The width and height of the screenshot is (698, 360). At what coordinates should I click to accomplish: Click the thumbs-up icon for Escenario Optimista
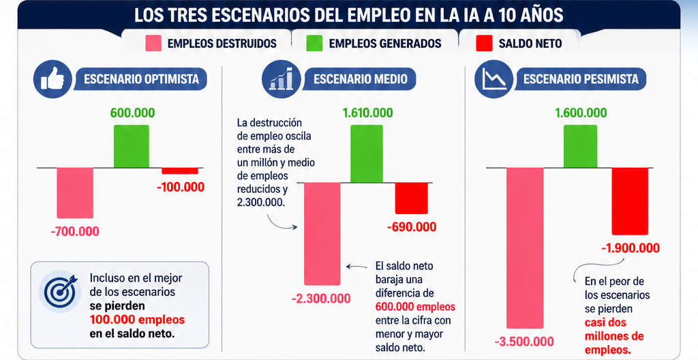coord(52,80)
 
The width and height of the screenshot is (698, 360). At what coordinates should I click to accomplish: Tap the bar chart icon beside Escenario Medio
coord(281,80)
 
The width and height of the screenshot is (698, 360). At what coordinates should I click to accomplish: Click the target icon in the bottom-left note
coord(60,292)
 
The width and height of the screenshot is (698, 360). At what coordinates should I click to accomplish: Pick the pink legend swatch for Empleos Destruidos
coord(153,44)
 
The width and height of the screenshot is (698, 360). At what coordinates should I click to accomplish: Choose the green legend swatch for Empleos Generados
coord(314,44)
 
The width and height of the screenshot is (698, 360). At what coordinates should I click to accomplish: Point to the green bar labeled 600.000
coord(132,147)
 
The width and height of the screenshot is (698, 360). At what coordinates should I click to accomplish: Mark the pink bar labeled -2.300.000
coord(322,233)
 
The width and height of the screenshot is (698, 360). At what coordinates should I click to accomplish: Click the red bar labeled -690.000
coord(411,198)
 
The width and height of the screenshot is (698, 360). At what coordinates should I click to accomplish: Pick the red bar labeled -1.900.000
coord(630,200)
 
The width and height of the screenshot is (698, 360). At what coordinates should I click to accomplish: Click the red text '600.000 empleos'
coord(415,307)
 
